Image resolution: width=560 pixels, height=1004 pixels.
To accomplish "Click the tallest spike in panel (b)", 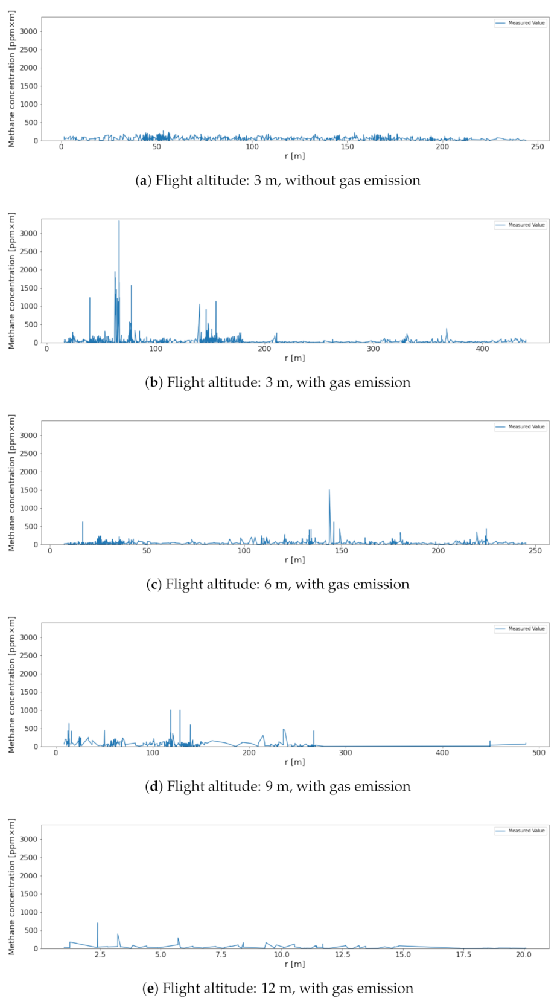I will (x=119, y=222).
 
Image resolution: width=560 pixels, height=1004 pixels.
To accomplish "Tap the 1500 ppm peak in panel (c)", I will (x=329, y=491).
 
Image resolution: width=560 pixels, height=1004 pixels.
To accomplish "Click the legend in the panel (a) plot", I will (x=520, y=23).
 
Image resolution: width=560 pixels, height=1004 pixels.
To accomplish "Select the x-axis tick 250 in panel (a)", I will (x=537, y=147).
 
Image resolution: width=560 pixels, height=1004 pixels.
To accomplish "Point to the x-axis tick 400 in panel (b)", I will (x=482, y=349).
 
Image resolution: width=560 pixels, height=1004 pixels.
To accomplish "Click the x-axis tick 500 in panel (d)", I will (x=539, y=753).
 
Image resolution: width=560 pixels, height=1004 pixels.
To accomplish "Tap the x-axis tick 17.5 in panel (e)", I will (x=463, y=954).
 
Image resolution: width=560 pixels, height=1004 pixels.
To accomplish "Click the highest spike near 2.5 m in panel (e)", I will (x=98, y=924).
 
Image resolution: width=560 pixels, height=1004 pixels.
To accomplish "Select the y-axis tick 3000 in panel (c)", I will (x=28, y=436).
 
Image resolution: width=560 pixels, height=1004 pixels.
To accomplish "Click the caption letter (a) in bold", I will (x=142, y=181).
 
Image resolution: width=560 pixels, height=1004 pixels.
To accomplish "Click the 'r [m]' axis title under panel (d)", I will (x=294, y=762).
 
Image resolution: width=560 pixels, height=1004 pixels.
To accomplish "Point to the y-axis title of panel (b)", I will (x=11, y=281).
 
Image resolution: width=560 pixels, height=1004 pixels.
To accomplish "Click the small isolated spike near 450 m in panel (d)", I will (x=490, y=742).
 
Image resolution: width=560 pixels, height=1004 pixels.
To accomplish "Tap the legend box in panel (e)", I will (x=520, y=831).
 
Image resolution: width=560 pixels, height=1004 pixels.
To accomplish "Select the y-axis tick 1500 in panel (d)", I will (x=28, y=692).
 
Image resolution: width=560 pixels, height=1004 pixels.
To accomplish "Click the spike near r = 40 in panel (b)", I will (x=90, y=298).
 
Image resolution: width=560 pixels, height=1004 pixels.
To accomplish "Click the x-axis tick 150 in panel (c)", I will (x=341, y=551).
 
